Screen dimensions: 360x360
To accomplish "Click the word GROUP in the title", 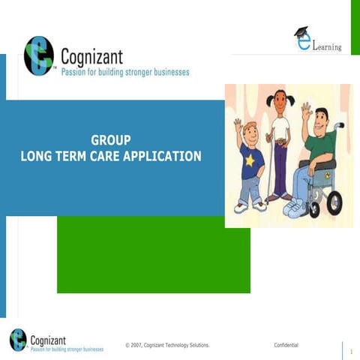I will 111,140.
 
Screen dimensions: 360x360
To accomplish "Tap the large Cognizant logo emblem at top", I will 38,56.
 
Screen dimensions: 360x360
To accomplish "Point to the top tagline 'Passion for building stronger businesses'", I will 124,73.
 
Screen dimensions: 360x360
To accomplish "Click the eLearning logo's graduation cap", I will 301,32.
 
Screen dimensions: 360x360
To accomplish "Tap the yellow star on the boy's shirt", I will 247,160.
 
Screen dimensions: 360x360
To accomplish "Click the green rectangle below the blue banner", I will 154,259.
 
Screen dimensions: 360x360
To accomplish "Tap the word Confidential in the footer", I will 286,345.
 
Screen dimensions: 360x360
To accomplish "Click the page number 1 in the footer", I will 350,350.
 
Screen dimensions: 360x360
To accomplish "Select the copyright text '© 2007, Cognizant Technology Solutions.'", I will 167,345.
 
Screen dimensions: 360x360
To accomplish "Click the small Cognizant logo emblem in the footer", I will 18,340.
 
